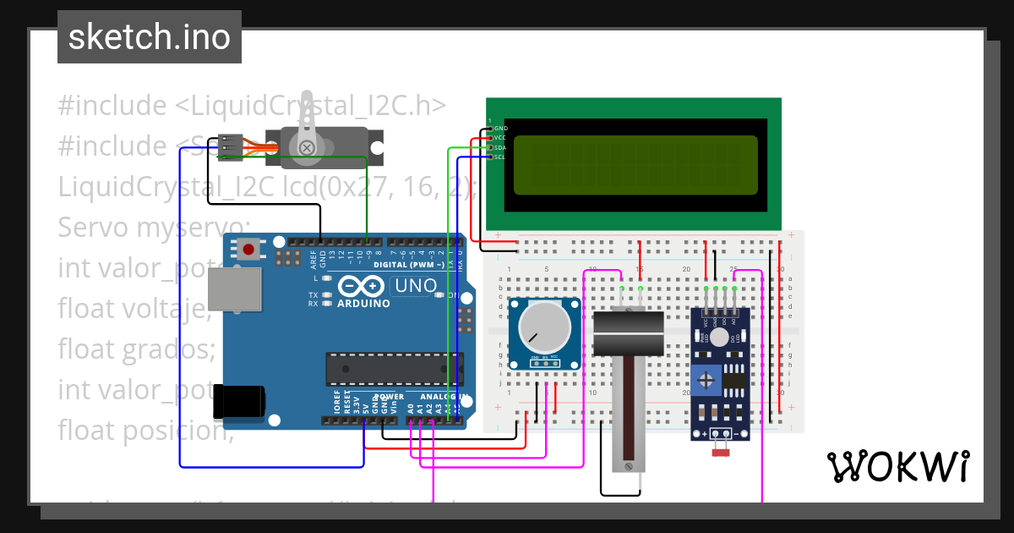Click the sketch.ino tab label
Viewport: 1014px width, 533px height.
coord(150,37)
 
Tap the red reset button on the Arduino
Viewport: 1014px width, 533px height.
coord(248,249)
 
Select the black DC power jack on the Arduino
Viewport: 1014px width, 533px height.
coord(239,400)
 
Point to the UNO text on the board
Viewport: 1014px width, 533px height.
coord(416,286)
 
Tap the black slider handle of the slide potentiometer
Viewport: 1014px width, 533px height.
coord(630,333)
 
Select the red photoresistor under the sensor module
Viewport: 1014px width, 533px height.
coord(720,453)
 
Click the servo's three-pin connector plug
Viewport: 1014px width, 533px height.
coord(230,147)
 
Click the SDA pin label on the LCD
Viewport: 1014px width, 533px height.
coord(499,147)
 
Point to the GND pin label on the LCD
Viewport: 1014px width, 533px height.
coord(499,129)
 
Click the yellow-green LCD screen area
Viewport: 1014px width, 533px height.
coord(635,162)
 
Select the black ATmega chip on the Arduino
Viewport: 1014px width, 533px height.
coord(394,370)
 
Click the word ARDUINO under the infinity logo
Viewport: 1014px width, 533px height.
coord(363,303)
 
